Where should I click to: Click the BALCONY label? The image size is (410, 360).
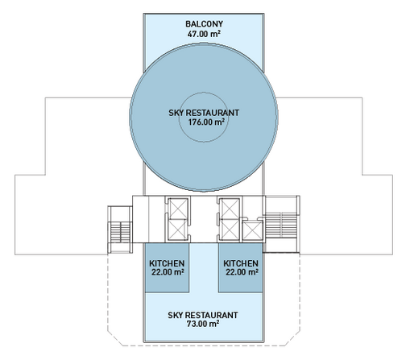(x=204, y=24)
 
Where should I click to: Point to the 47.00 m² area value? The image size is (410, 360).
(x=204, y=34)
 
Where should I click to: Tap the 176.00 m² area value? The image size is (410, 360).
(x=206, y=122)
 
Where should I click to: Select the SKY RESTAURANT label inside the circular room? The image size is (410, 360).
(x=204, y=113)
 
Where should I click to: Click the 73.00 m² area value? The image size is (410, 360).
(x=203, y=324)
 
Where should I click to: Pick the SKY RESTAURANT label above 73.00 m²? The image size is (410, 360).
(x=203, y=315)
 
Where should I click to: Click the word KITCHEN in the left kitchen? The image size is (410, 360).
(x=167, y=263)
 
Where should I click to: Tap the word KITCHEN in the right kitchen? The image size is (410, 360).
(x=241, y=263)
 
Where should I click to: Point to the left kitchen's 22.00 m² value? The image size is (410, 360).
(x=168, y=272)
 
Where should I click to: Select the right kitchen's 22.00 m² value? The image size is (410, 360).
(x=242, y=272)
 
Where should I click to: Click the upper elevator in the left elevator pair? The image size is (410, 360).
(x=178, y=209)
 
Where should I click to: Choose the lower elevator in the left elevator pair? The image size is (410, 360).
(x=178, y=230)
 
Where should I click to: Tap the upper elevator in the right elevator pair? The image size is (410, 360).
(x=230, y=209)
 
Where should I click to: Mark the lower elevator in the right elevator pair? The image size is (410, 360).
(x=230, y=230)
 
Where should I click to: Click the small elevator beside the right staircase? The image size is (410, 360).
(x=252, y=230)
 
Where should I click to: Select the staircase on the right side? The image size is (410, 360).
(x=281, y=225)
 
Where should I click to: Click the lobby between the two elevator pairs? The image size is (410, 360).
(x=204, y=219)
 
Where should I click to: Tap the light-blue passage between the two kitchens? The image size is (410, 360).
(x=204, y=267)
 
